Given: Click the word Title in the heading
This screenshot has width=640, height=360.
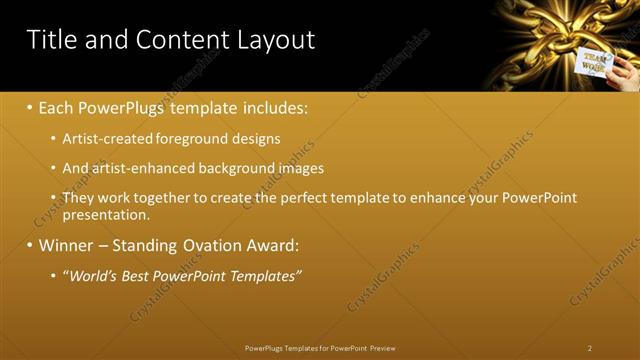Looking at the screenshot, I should pyautogui.click(x=55, y=40).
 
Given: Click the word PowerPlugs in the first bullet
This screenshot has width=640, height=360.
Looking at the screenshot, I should pyautogui.click(x=125, y=106).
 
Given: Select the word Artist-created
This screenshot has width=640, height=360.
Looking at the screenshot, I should pyautogui.click(x=105, y=139).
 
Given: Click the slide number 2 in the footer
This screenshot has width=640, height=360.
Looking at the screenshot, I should pyautogui.click(x=590, y=348).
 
